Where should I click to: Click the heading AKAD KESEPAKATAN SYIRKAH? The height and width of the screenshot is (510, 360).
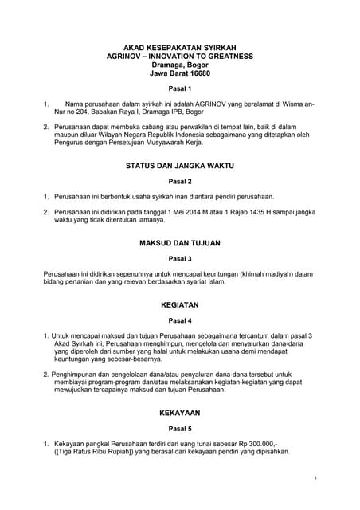179,48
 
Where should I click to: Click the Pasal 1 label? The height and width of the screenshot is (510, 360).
179,88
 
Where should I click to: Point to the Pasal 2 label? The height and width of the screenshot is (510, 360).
179,182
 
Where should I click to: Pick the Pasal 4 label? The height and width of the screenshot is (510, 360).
179,320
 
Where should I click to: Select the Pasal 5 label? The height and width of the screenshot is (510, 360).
179,428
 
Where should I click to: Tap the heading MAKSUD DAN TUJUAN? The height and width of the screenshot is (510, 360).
179,242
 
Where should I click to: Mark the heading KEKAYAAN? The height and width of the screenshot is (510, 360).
179,413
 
